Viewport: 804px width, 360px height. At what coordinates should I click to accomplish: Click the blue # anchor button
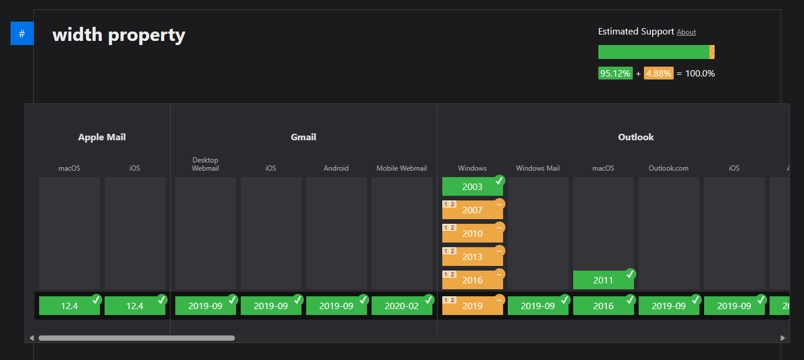coord(22,34)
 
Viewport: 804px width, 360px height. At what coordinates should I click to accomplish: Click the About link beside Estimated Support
coord(686,32)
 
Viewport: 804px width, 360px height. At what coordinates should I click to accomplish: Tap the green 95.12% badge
coord(615,74)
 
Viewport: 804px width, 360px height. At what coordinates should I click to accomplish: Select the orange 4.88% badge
coord(659,74)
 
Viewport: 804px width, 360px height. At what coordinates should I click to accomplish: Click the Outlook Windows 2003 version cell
coord(472,186)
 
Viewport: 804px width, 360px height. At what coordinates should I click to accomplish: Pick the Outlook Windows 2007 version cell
coord(472,210)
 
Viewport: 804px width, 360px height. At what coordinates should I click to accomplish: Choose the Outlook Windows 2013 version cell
coord(472,257)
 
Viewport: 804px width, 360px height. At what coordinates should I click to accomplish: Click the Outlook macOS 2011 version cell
coord(603,280)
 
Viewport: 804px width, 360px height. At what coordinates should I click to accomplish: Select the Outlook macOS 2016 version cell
coord(603,306)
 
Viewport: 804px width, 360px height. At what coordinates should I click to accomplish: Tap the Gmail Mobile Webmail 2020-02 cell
coord(401,306)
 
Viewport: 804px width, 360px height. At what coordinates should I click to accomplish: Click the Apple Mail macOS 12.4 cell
coord(69,306)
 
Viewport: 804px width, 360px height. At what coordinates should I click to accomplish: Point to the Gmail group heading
coord(303,137)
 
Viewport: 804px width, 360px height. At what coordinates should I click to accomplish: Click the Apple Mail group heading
coord(102,137)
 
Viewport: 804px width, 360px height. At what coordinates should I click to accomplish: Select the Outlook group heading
coord(636,137)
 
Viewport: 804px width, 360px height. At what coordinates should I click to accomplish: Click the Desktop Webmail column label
coord(205,164)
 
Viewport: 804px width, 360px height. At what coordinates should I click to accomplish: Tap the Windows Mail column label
coord(538,168)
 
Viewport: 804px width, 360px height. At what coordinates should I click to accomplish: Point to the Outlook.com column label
coord(668,168)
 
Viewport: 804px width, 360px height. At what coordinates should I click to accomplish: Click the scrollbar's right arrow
coord(782,338)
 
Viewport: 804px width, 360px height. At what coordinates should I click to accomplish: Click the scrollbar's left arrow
coord(32,338)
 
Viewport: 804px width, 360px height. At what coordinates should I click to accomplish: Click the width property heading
coord(119,35)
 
